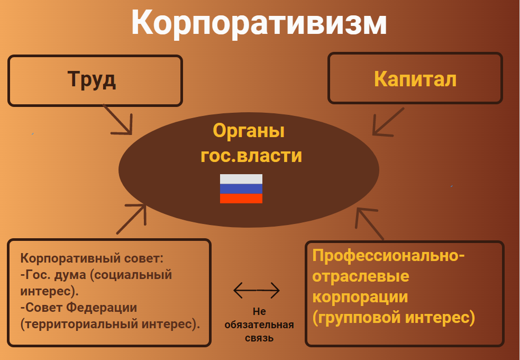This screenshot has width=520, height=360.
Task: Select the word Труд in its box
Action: coord(92,79)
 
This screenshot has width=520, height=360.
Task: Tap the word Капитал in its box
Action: coord(415,79)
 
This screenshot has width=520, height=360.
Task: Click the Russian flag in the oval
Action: coord(241,189)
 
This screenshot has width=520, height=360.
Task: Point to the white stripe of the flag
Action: coord(241,179)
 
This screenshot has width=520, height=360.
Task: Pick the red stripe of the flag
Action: coord(241,199)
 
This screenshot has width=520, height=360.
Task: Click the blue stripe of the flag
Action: coord(241,188)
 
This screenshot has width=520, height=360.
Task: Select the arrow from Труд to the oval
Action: coord(117,119)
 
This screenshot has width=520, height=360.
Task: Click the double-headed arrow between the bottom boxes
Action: coord(257,290)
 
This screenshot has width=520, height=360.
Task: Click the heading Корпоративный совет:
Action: coord(92,259)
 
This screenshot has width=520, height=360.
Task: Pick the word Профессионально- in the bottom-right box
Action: coord(388,256)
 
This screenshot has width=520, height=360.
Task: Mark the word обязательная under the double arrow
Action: coord(259,325)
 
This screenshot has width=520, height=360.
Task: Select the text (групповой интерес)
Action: coord(394,317)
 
